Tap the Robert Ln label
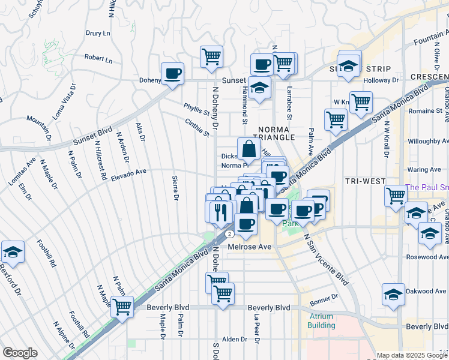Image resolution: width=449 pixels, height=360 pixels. pyautogui.click(x=98, y=59)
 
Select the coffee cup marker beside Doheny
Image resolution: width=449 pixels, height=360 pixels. pyautogui.click(x=173, y=74)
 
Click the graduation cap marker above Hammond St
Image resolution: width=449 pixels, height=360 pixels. pyautogui.click(x=259, y=89)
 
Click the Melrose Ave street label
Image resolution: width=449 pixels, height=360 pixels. pyautogui.click(x=250, y=247)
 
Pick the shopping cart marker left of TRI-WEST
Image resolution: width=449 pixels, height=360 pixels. pyautogui.click(x=396, y=196)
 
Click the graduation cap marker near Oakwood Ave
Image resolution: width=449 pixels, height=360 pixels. pyautogui.click(x=394, y=296)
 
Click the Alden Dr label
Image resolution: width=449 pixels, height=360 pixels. pyautogui.click(x=235, y=339)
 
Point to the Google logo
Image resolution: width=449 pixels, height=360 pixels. pyautogui.click(x=20, y=353)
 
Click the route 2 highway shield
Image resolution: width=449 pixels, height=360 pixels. pyautogui.click(x=229, y=233)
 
